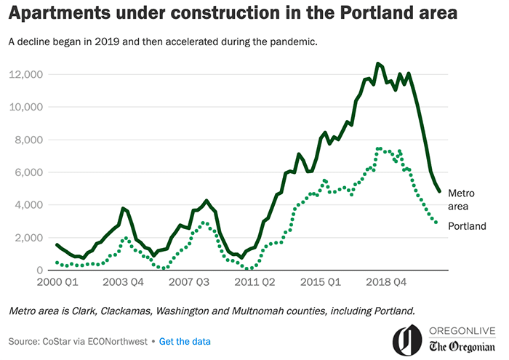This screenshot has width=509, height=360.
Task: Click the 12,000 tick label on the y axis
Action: [x=27, y=75]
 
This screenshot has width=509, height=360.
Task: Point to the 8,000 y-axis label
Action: [x=30, y=140]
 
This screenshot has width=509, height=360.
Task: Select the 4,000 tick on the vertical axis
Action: [x=30, y=205]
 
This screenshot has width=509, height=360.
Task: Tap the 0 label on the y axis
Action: [x=41, y=271]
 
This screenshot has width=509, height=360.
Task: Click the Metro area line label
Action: [x=461, y=200]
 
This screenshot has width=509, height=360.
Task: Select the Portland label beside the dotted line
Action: [x=467, y=226]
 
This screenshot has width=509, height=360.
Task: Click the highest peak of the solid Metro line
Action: [x=378, y=64]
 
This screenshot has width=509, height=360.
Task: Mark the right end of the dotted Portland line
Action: [x=436, y=223]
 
